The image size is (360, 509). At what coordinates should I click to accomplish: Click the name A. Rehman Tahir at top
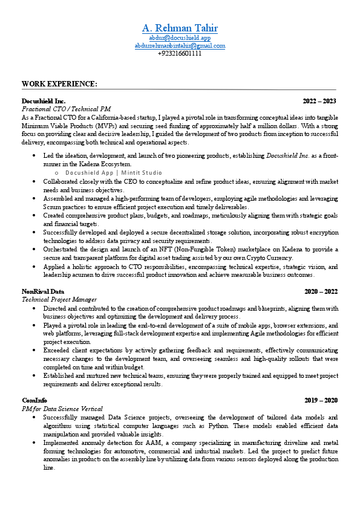(x=180, y=28)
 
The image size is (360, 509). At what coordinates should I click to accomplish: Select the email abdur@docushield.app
(x=180, y=37)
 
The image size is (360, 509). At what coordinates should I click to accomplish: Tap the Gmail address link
(x=180, y=45)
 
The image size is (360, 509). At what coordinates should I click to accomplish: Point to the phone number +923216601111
(x=180, y=53)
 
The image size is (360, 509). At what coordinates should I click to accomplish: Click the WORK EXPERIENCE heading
(x=59, y=83)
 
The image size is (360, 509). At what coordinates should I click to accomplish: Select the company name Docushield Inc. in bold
(x=44, y=100)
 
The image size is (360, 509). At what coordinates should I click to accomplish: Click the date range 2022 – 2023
(x=319, y=100)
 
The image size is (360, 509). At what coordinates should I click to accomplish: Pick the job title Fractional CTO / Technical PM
(x=66, y=109)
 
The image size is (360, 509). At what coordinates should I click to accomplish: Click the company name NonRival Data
(x=43, y=291)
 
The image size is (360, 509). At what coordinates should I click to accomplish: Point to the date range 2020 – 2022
(x=321, y=291)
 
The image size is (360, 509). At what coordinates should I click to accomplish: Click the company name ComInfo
(x=34, y=400)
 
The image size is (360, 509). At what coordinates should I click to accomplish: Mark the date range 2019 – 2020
(x=321, y=400)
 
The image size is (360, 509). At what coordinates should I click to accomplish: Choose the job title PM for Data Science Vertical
(x=62, y=409)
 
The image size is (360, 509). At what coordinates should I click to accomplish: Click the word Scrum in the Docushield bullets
(x=53, y=206)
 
